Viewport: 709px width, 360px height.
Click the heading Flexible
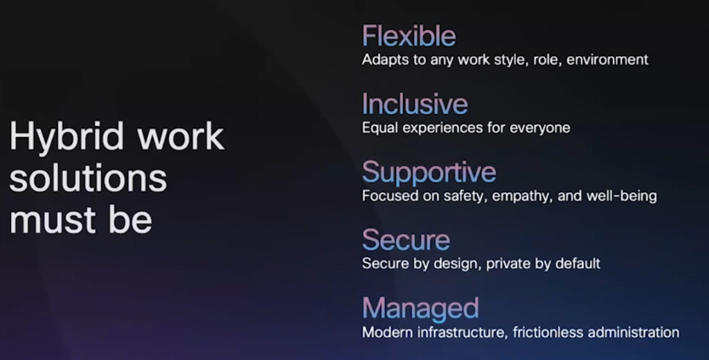(409, 36)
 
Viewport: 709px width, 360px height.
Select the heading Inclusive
(415, 104)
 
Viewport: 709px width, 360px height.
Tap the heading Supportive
(429, 173)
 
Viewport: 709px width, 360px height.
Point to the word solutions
(88, 178)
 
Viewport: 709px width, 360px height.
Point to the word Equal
(380, 128)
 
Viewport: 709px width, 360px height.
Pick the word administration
(634, 332)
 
